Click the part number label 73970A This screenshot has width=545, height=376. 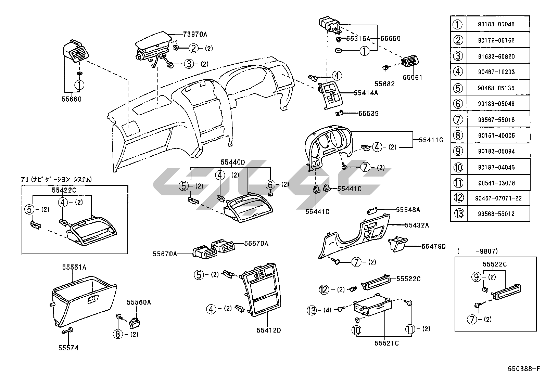(195, 34)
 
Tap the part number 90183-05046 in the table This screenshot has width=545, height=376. (498, 25)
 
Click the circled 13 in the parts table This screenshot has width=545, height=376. (459, 214)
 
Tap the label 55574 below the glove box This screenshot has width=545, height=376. (68, 348)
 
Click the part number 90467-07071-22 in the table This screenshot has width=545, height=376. (498, 198)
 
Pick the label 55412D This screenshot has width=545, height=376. (269, 330)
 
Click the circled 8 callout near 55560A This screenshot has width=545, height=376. (118, 334)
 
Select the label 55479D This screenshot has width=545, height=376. (433, 246)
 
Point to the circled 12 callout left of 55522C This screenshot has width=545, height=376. (324, 290)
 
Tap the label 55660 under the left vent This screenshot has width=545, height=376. (72, 100)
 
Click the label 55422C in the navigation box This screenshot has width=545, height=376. (64, 190)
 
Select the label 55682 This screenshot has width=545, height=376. (384, 84)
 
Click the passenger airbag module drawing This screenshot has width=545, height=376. (152, 50)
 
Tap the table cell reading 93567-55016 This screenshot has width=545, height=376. (498, 120)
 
